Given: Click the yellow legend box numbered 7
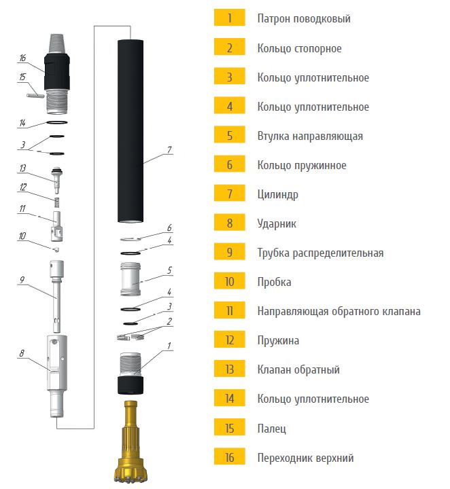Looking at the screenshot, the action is tap(229, 194).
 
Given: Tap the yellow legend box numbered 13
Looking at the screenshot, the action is tap(229, 369).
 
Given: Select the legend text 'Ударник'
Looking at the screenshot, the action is tap(277, 223).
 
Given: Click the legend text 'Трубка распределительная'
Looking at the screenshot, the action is tap(320, 253).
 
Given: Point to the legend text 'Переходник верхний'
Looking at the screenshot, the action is tap(305, 458).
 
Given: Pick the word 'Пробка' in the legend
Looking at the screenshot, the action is tap(274, 282).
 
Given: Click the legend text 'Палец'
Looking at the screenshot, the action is tap(271, 429).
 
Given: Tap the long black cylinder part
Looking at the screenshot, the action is tap(131, 131).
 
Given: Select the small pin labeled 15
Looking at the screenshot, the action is tap(35, 96).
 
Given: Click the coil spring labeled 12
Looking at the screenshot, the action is tap(57, 202).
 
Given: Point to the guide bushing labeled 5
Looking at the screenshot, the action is tap(131, 279).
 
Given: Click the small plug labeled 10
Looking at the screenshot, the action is tap(55, 249).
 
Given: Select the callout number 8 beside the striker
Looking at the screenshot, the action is tap(22, 353).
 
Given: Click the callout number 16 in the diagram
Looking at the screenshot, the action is tap(22, 58).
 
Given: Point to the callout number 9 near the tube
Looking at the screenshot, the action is tap(22, 279).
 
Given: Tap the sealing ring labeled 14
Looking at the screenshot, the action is tap(57, 122).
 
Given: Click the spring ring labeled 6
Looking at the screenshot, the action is tap(131, 239).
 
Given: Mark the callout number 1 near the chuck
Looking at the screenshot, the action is tap(169, 346).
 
